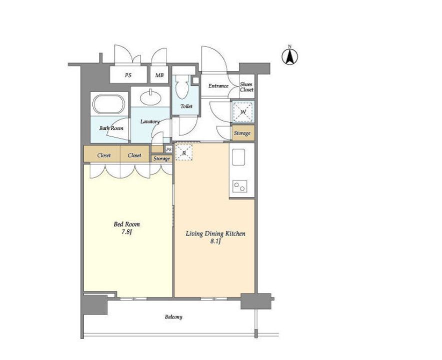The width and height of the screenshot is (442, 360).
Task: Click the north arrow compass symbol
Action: pyautogui.click(x=290, y=55)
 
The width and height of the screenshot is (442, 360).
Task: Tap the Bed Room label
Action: pyautogui.click(x=126, y=224)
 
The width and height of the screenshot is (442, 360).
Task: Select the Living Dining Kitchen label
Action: pyautogui.click(x=215, y=233)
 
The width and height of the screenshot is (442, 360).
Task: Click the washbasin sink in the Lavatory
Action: pyautogui.click(x=150, y=97)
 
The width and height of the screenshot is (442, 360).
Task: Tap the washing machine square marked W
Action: pyautogui.click(x=243, y=111)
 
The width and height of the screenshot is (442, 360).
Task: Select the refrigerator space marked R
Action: pyautogui.click(x=184, y=152)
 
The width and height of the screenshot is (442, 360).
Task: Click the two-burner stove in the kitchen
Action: pyautogui.click(x=240, y=186)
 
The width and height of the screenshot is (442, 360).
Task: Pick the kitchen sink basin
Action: pyautogui.click(x=238, y=157)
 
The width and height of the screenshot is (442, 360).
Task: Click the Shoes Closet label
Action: pyautogui.click(x=247, y=87)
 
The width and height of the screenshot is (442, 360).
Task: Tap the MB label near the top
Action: pyautogui.click(x=159, y=75)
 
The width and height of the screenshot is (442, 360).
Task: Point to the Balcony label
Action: pyautogui.click(x=174, y=317)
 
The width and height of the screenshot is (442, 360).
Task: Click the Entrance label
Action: pyautogui.click(x=218, y=86)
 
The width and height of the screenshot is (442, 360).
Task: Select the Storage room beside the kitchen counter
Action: pyautogui.click(x=243, y=133)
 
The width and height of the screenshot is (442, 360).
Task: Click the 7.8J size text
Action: pyautogui.click(x=127, y=232)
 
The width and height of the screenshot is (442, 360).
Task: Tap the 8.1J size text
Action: pyautogui.click(x=215, y=241)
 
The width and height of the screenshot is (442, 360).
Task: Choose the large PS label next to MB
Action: pyautogui.click(x=128, y=75)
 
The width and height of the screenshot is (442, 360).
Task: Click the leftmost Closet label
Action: pyautogui.click(x=104, y=155)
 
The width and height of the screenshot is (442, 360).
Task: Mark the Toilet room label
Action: pyautogui.click(x=186, y=106)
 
